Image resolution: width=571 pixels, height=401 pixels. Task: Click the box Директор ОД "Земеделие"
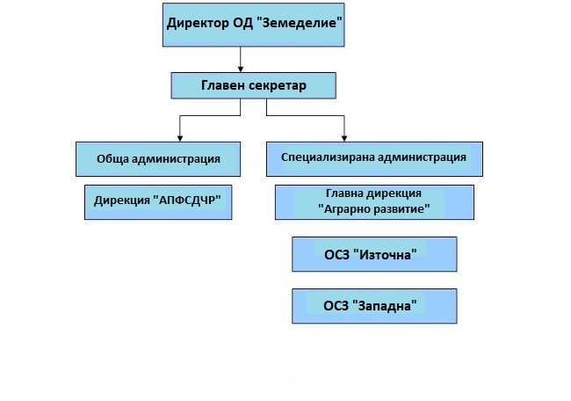click(x=254, y=24)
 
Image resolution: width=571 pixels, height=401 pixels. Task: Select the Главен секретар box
click(x=254, y=85)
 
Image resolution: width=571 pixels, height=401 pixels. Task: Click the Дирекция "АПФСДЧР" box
click(x=157, y=201)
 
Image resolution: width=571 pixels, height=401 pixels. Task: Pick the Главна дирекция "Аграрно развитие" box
click(x=374, y=201)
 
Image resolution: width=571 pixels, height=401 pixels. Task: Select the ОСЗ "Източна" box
click(x=374, y=254)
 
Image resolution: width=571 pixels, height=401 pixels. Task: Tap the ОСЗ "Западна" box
click(x=374, y=306)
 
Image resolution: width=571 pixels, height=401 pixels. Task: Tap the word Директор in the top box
click(x=198, y=21)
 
